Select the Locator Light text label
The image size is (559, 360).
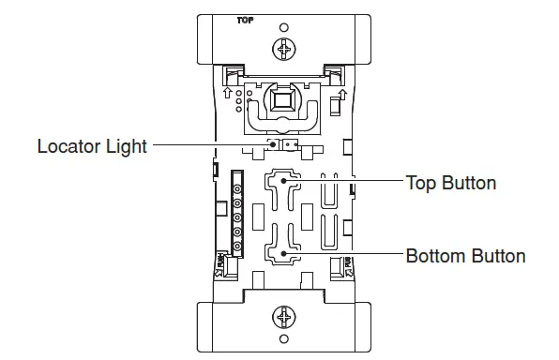pyautogui.click(x=92, y=146)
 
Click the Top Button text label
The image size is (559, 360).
pyautogui.click(x=450, y=182)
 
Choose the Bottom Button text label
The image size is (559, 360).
pyautogui.click(x=464, y=255)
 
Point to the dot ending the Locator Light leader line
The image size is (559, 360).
pyautogui.click(x=274, y=146)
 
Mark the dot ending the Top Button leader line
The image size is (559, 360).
pyautogui.click(x=280, y=182)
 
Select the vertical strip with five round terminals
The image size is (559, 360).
pyautogui.click(x=238, y=216)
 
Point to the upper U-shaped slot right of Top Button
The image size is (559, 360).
pyautogui.click(x=330, y=194)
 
